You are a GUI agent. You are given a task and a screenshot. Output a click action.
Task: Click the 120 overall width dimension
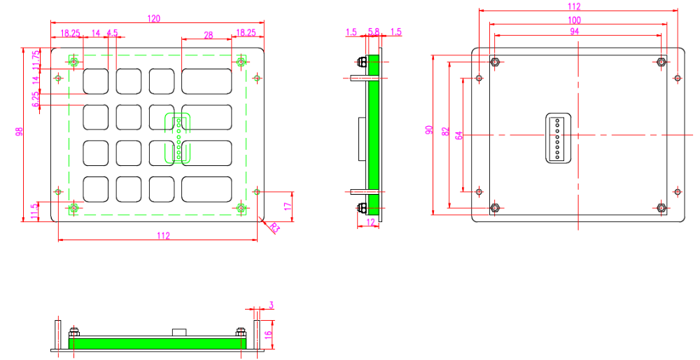154,18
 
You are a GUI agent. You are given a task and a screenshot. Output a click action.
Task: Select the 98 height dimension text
19,132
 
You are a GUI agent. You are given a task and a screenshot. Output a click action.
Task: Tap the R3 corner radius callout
274,228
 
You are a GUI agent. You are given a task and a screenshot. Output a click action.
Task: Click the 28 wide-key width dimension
209,35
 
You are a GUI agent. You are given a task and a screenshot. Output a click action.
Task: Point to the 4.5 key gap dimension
113,33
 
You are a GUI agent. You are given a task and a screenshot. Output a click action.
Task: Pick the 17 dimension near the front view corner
288,207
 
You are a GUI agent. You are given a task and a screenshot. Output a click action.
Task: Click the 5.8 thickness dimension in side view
374,32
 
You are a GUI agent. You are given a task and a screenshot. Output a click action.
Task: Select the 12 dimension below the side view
371,221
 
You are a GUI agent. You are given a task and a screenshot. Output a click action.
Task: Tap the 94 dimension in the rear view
575,32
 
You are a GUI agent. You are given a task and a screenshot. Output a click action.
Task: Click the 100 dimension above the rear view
575,20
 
